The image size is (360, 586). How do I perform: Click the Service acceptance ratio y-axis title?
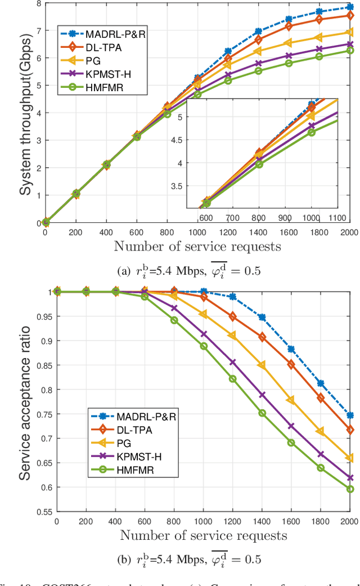click(25, 402)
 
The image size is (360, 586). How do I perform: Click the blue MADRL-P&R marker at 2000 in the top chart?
click(349, 7)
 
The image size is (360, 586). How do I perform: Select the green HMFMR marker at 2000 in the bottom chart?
click(349, 489)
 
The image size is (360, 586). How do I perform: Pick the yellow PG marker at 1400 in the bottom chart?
click(261, 365)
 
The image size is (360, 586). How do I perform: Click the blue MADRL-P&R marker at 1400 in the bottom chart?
click(261, 317)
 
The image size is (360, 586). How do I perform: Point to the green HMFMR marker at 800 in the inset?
click(259, 164)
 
